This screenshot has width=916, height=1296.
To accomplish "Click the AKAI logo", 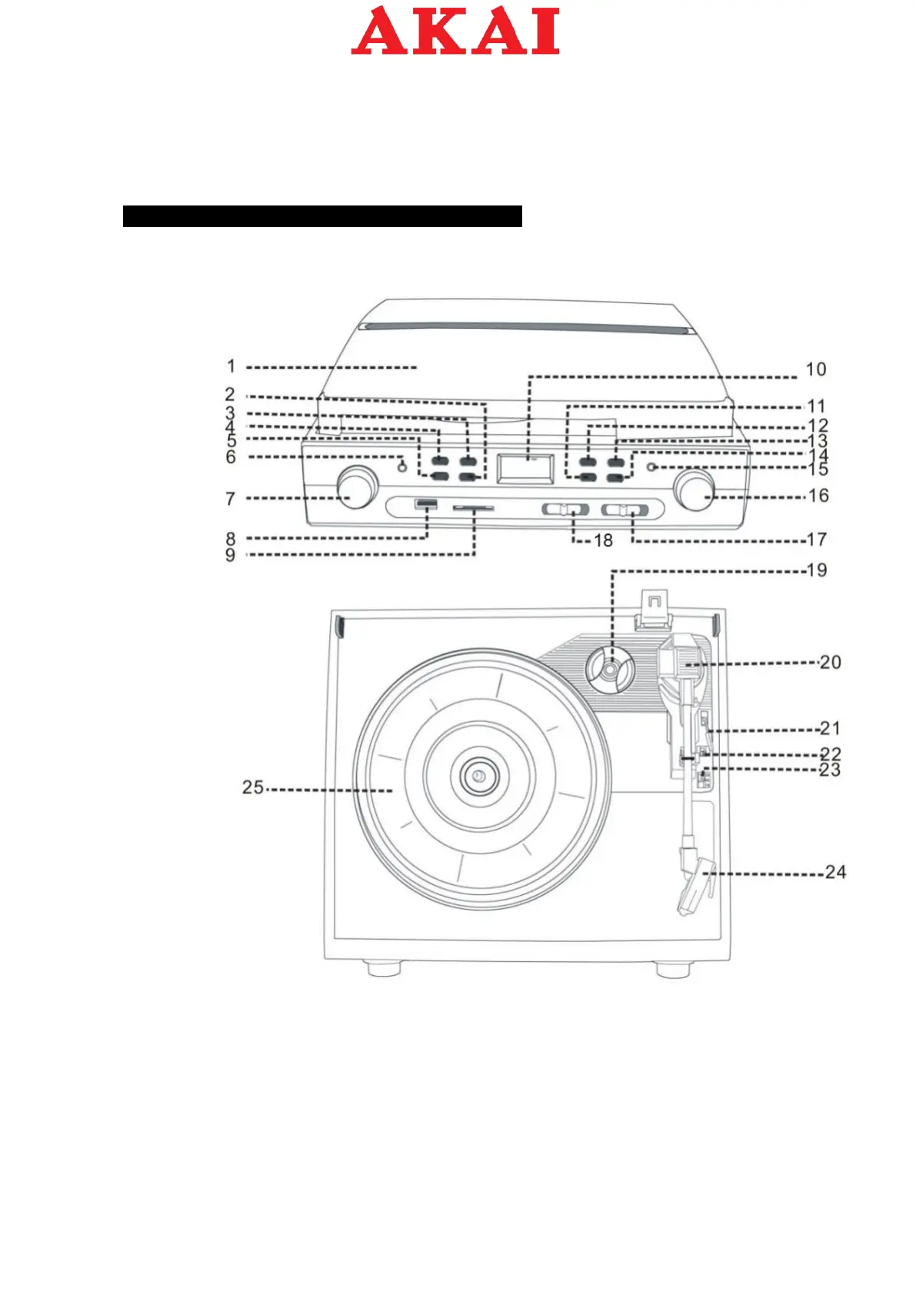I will (x=455, y=31).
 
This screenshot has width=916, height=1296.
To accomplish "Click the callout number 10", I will (x=815, y=369).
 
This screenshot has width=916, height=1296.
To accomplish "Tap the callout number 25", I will (x=253, y=787).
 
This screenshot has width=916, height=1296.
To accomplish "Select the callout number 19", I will (x=816, y=570).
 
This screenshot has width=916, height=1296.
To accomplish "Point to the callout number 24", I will (x=835, y=872).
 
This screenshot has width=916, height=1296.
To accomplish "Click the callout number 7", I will (x=230, y=499).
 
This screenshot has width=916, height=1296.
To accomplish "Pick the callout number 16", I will (x=818, y=496).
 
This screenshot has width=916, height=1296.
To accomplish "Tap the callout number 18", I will (x=603, y=540).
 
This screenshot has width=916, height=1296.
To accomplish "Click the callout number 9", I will (x=230, y=555).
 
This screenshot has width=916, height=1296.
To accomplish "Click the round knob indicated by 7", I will (x=357, y=487).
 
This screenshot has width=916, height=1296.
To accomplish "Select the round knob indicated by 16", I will (x=694, y=489).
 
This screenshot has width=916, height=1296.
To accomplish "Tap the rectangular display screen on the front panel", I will (x=526, y=467).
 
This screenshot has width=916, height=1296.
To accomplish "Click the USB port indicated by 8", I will (x=425, y=504).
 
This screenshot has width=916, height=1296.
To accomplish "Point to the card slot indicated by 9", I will (x=474, y=508).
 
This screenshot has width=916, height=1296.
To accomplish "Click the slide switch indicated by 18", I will (x=565, y=509).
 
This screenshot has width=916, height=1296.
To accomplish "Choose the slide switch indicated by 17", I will (x=624, y=509).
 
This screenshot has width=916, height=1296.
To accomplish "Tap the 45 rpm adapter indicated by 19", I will (x=608, y=669).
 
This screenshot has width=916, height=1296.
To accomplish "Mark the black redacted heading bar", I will (x=322, y=216).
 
